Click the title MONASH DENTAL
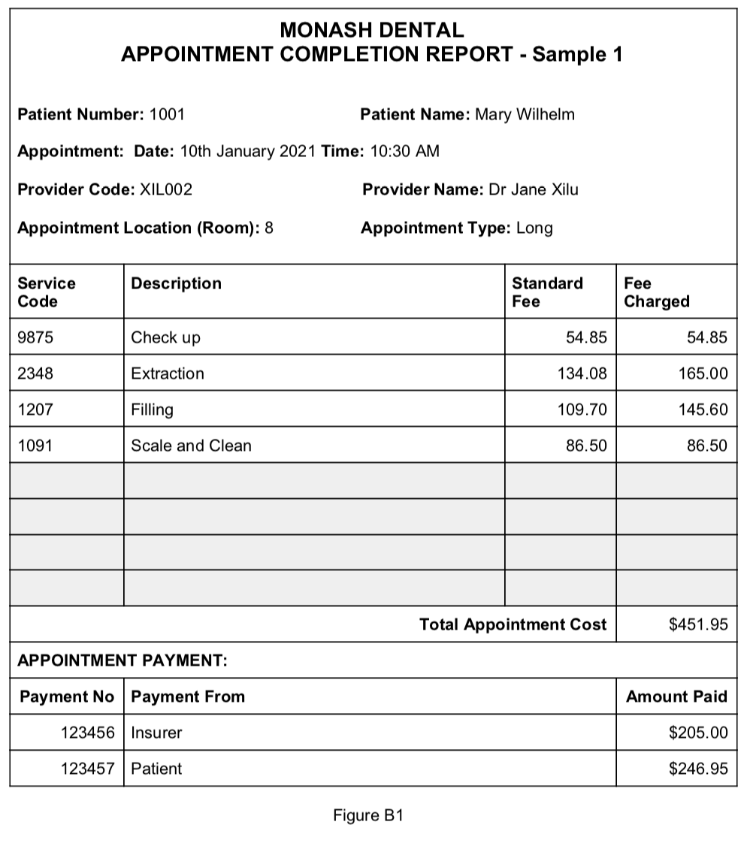pos(371,30)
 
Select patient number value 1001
pos(167,115)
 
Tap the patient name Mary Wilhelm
pos(525,115)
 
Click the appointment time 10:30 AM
pos(404,152)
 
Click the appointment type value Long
pos(534,228)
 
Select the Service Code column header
pos(47,292)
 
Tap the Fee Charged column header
pos(656,292)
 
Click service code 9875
pos(35,338)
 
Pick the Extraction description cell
pos(168,374)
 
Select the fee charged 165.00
pos(703,374)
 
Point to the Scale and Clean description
pos(191,446)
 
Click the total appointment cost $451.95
pos(698,625)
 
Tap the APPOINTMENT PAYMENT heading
pos(122,661)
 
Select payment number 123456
pos(88,733)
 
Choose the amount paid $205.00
pos(698,733)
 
